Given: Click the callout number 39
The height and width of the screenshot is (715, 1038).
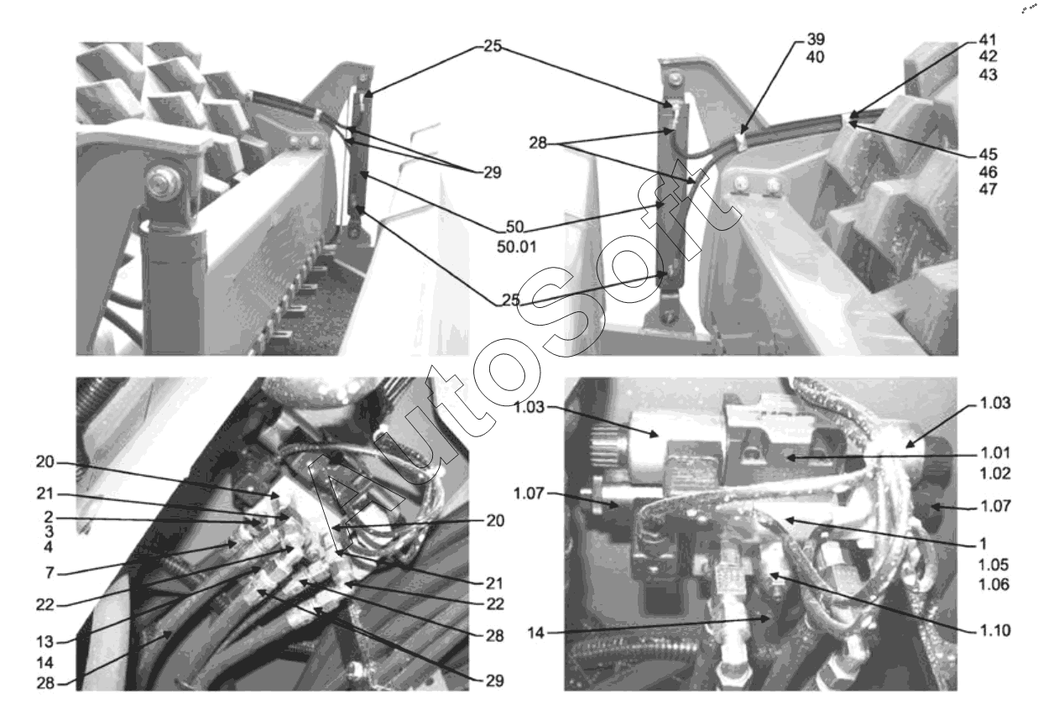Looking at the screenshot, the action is (816, 39).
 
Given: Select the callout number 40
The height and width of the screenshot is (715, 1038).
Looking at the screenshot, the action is (816, 57).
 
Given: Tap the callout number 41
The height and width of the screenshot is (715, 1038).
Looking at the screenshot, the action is (988, 39).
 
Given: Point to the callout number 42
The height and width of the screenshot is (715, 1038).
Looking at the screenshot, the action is (988, 56).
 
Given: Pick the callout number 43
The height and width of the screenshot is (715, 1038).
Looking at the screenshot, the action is (988, 74).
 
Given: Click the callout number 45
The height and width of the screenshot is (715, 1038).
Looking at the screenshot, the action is (988, 154).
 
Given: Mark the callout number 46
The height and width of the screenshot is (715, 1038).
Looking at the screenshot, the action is (988, 172).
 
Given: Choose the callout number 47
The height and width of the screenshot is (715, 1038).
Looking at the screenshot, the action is (988, 189).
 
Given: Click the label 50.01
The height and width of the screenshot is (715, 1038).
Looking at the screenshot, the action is (517, 247).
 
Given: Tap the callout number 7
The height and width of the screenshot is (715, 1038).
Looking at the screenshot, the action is (50, 572).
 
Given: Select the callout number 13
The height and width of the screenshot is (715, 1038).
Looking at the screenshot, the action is (45, 642).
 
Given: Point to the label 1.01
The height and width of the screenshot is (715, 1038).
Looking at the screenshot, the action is (995, 452).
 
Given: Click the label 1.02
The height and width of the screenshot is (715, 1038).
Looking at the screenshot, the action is (995, 473).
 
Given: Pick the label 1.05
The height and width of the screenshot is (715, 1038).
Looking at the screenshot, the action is (994, 565).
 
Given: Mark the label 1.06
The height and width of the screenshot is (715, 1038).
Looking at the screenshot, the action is (994, 585).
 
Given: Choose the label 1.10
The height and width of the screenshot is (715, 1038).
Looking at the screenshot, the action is (995, 630).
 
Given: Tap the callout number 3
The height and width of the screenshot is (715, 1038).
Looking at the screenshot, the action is (50, 531).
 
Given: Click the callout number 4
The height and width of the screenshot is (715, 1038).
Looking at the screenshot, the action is (49, 547).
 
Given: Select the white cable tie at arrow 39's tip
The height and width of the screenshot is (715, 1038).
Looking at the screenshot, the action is (740, 141).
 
